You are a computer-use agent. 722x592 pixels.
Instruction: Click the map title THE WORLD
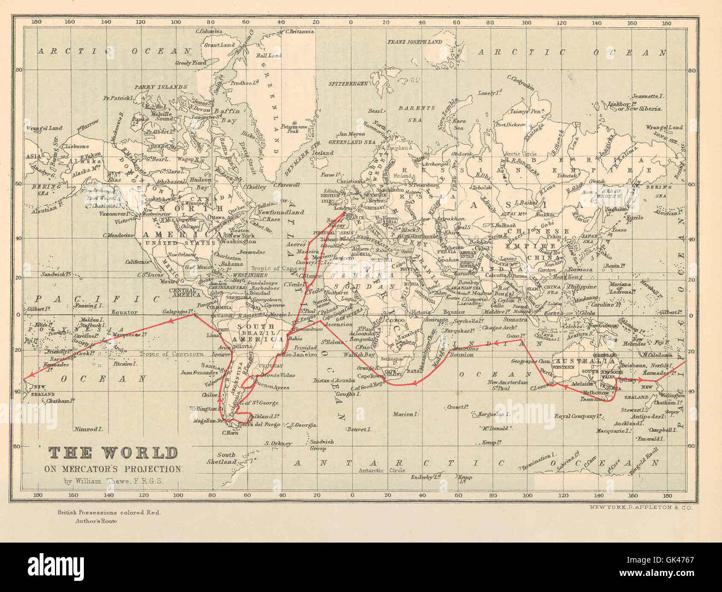point(113,453)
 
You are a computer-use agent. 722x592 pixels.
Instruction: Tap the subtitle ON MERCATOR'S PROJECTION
point(113,469)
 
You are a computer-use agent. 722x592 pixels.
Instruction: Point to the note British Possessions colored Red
point(108,513)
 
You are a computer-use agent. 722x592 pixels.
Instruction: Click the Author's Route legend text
point(92,521)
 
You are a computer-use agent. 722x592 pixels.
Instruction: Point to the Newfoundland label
point(280,212)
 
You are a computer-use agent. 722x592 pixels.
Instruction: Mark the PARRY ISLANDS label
point(161,87)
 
